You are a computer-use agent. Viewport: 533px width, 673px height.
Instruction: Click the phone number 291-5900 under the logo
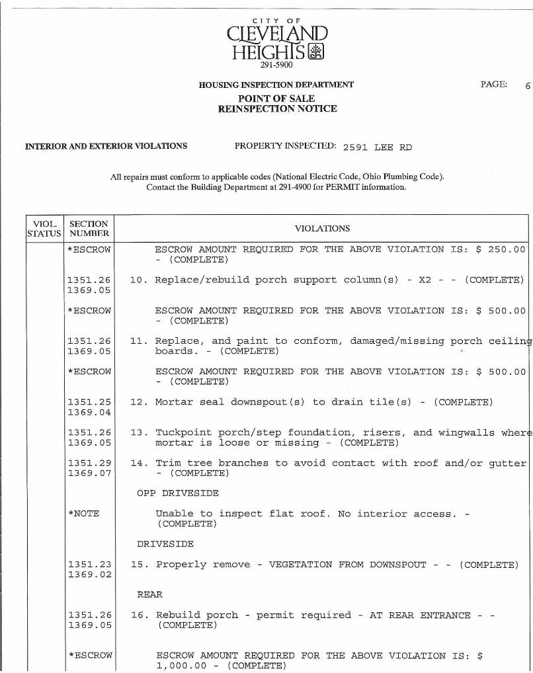pyautogui.click(x=277, y=65)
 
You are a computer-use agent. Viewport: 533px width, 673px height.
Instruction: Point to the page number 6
pyautogui.click(x=528, y=85)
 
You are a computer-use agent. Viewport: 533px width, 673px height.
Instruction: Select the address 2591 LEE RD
pyautogui.click(x=377, y=147)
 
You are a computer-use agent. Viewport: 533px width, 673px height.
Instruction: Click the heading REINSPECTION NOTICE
pyautogui.click(x=277, y=108)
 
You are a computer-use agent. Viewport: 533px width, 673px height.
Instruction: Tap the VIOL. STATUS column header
pyautogui.click(x=44, y=228)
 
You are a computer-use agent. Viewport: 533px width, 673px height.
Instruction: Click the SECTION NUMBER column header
pyautogui.click(x=89, y=228)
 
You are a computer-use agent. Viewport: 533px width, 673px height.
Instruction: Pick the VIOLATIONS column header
pyautogui.click(x=321, y=228)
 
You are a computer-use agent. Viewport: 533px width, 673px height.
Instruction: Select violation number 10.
pyautogui.click(x=138, y=280)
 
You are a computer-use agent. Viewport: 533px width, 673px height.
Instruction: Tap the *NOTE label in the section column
pyautogui.click(x=83, y=514)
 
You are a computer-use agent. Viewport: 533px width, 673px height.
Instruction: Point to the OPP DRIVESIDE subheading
pyautogui.click(x=177, y=493)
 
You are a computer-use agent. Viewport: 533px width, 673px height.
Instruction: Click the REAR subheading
pyautogui.click(x=149, y=594)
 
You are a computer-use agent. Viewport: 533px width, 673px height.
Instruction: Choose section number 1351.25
pyautogui.click(x=89, y=402)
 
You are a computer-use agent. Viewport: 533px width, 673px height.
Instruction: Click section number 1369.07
pyautogui.click(x=89, y=473)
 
